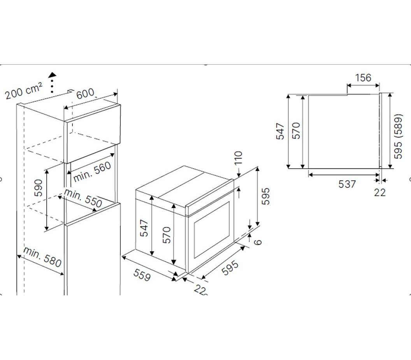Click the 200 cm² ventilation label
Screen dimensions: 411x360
tap(24, 90)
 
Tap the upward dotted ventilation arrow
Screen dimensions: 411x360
tap(53, 82)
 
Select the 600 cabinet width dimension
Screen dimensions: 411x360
tap(85, 93)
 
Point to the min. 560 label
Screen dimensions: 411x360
tap(92, 172)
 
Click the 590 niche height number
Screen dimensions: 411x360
tap(38, 188)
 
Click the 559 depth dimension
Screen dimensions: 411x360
tap(142, 275)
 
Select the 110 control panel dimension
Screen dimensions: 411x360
tap(238, 158)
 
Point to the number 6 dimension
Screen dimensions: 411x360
tap(258, 242)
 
